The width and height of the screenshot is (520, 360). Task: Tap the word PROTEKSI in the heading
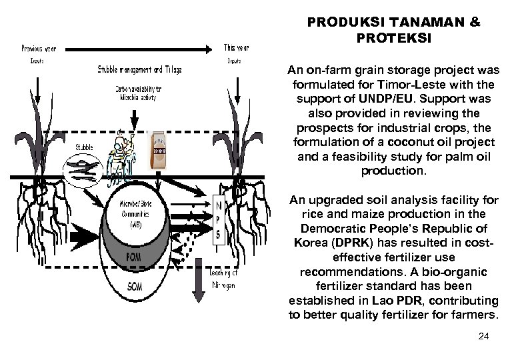[x=393, y=38]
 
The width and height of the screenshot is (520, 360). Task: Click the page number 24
[x=484, y=337]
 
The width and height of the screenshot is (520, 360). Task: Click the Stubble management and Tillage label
[x=139, y=69]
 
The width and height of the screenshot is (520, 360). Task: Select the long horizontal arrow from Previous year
[x=140, y=49]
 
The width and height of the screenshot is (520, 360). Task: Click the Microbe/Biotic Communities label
[x=134, y=213]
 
